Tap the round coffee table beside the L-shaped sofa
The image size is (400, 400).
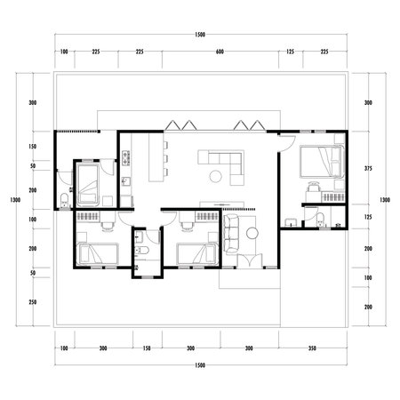coord(216,176)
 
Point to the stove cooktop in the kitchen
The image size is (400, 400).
coord(126,159)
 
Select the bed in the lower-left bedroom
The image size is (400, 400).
coord(96,253)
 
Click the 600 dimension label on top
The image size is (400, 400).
coord(220,52)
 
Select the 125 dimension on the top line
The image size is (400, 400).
coord(290,52)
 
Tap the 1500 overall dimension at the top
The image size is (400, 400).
coord(199,34)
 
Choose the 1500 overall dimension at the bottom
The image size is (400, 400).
coord(199,365)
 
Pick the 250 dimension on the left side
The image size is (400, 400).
coord(32,302)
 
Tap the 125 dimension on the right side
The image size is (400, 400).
coord(369,218)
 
